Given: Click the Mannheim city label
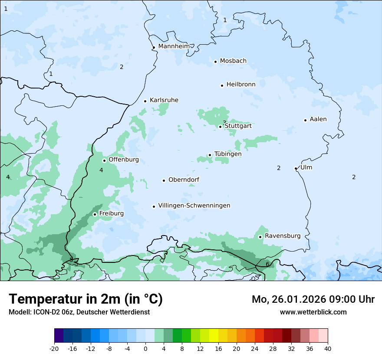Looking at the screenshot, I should coord(174,46).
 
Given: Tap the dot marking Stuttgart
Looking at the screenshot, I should coord(221,127).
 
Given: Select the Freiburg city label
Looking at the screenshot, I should coord(111,213).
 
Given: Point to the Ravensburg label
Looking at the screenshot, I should coord(283,236).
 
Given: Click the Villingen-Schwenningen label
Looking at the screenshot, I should coord(194,206).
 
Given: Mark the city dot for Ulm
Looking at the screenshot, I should coord(296,168).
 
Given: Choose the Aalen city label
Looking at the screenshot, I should coord(318,119).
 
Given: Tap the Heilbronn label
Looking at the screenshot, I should coord(241,85).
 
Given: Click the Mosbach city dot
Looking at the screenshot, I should coord(215,62).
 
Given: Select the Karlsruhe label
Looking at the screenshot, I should coord(164,100).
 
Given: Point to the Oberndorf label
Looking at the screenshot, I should coord(184,180).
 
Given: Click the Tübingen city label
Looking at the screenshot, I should coord(228,154).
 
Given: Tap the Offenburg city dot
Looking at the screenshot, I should coord(104,160).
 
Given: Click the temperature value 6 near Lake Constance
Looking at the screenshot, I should coord(267,264).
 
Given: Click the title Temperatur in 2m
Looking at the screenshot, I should coord(86,299).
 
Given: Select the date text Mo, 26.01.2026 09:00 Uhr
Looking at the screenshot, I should coord(313,299).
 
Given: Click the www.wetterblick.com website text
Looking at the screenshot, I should coord(313,312).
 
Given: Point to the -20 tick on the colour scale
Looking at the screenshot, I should coord(54,349).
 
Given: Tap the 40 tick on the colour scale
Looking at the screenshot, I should coord(327,349).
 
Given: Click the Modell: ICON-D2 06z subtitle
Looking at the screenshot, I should coord(79,312).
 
